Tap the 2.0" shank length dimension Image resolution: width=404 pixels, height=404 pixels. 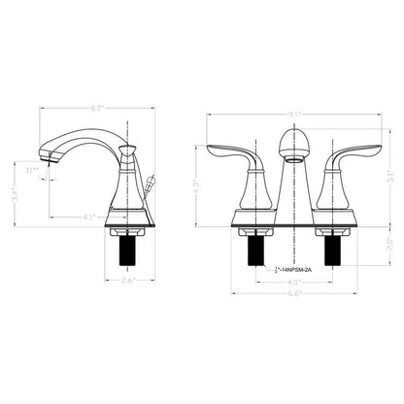coord(388,242)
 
